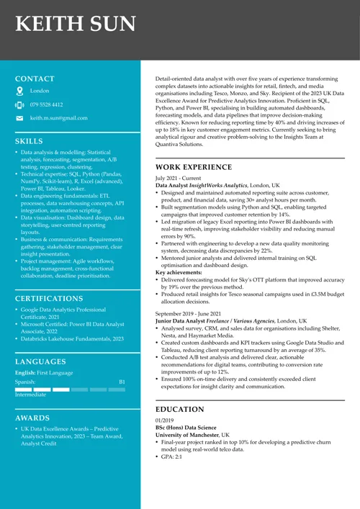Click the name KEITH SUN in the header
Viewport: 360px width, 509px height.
pyautogui.click(x=76, y=24)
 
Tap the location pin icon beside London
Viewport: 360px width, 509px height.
pyautogui.click(x=20, y=91)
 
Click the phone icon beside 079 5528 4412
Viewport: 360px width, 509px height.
pyautogui.click(x=20, y=104)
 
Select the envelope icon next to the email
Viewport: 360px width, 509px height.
pyautogui.click(x=20, y=118)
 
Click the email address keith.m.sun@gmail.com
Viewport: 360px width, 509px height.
pyautogui.click(x=58, y=118)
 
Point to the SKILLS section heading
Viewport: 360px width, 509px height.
pyautogui.click(x=29, y=141)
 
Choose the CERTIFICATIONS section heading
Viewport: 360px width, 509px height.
pyautogui.click(x=49, y=298)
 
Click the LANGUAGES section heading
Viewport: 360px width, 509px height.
pyautogui.click(x=40, y=361)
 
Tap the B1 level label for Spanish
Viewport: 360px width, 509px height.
pyautogui.click(x=122, y=382)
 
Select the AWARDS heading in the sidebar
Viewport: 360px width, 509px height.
pyautogui.click(x=32, y=418)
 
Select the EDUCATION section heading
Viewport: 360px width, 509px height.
pyautogui.click(x=180, y=408)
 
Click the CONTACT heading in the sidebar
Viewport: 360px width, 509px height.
pyautogui.click(x=35, y=78)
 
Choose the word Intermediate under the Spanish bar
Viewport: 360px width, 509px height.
pyautogui.click(x=30, y=395)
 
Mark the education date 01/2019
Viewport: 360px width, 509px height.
pyautogui.click(x=166, y=420)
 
